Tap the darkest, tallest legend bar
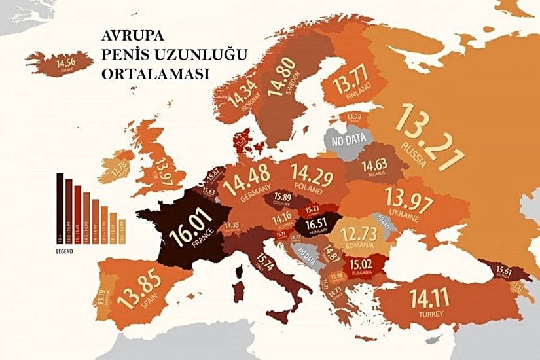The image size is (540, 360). pyautogui.click(x=60, y=206)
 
